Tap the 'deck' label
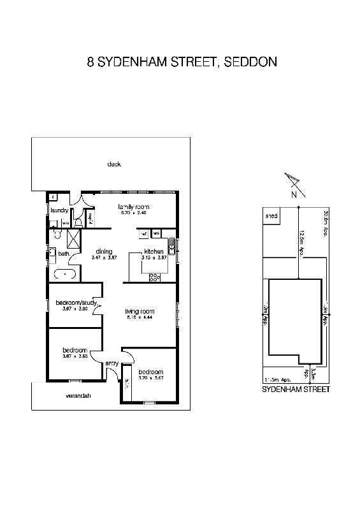click(x=114, y=164)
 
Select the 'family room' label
click(x=133, y=207)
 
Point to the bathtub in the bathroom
click(x=65, y=275)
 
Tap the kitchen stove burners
click(x=155, y=277)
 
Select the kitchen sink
click(x=171, y=246)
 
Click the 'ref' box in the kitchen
click(x=144, y=233)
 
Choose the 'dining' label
click(x=104, y=251)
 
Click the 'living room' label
click(x=140, y=312)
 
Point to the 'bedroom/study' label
click(x=75, y=302)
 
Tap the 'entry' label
click(x=112, y=363)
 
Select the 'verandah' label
click(x=78, y=396)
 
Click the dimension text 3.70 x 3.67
click(x=150, y=378)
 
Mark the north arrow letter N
click(x=294, y=194)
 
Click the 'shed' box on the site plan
click(x=271, y=216)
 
